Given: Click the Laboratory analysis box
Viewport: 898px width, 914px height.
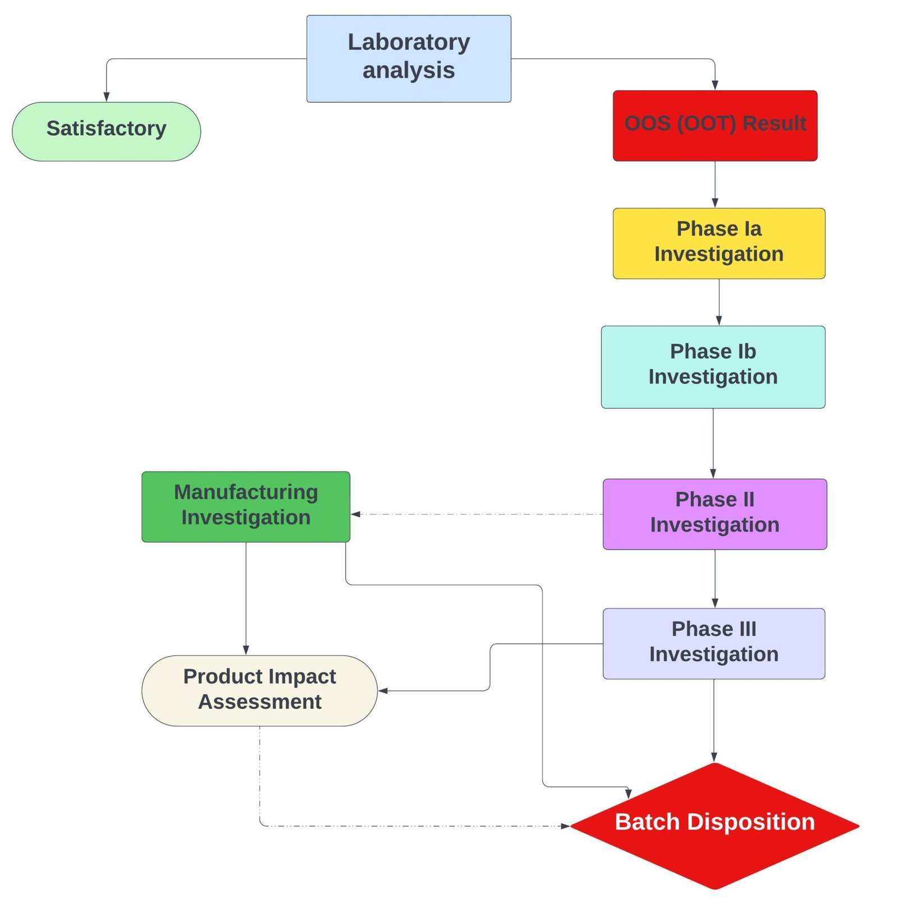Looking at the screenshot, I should [x=408, y=58].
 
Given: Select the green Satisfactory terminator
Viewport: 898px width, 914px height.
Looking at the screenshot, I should [x=106, y=131].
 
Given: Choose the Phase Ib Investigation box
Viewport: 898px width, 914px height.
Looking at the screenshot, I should [x=712, y=366].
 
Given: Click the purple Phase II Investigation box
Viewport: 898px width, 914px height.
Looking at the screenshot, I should [x=714, y=513].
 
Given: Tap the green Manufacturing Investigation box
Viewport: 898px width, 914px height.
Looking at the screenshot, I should [x=245, y=506].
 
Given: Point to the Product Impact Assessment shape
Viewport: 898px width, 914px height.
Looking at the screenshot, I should [x=259, y=690].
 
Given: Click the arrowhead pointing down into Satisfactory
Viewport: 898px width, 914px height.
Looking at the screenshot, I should [x=106, y=96].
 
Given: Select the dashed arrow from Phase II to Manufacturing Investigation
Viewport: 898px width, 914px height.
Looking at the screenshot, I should [x=477, y=513].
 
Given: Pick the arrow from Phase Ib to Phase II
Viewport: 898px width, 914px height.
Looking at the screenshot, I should [x=712, y=443].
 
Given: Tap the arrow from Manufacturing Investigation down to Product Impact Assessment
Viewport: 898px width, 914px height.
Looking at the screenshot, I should [x=245, y=597].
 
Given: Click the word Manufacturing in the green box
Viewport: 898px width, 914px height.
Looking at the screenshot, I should [x=245, y=492].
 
